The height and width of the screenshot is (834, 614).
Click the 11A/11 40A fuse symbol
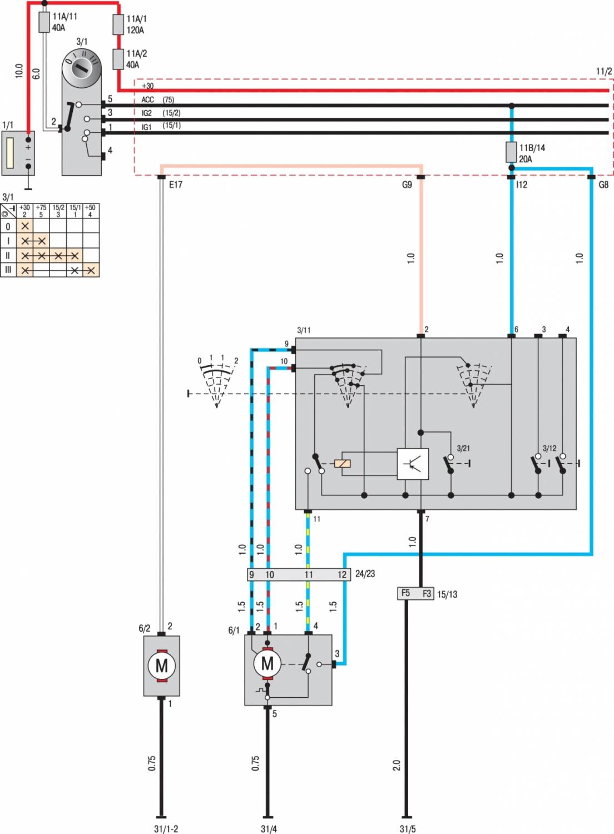tap(45, 23)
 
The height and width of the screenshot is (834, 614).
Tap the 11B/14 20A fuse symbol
tap(511, 152)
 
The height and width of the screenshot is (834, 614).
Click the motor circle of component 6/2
tap(161, 666)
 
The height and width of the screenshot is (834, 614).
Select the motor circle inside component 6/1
tap(268, 663)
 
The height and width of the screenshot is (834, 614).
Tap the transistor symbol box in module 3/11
tap(413, 463)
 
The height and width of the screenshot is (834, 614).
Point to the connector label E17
tap(175, 185)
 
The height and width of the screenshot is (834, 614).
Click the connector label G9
tap(407, 185)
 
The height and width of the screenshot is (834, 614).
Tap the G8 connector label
tap(603, 185)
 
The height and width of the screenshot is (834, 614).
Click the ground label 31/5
tap(407, 828)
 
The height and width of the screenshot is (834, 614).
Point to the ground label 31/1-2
tap(166, 828)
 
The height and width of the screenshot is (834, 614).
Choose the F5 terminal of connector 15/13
tap(406, 593)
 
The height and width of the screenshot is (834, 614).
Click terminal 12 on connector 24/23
tap(342, 574)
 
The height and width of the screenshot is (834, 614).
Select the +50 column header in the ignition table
tap(90, 211)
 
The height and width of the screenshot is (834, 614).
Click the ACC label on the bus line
tap(147, 100)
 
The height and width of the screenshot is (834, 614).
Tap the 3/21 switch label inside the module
tap(463, 448)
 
